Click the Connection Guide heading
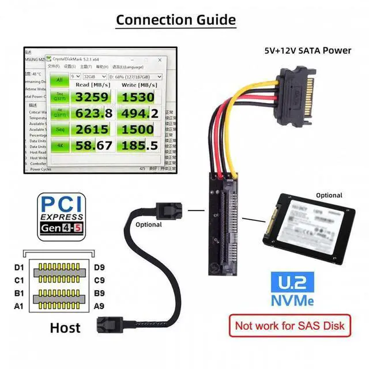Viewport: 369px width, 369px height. click(x=176, y=20)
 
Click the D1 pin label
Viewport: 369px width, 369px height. click(x=20, y=267)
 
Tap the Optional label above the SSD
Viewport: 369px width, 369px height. click(x=329, y=195)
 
